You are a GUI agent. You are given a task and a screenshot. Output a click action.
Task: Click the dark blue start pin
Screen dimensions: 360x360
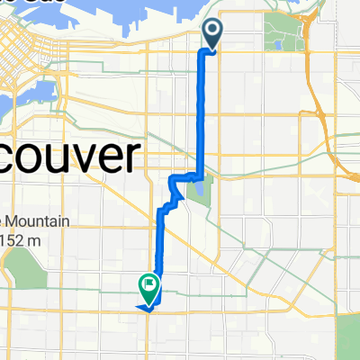click(212, 34)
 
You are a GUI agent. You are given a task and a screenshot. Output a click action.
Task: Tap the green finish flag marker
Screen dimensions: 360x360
click(148, 287)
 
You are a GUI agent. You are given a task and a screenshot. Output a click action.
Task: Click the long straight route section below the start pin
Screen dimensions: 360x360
click(200, 108)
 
